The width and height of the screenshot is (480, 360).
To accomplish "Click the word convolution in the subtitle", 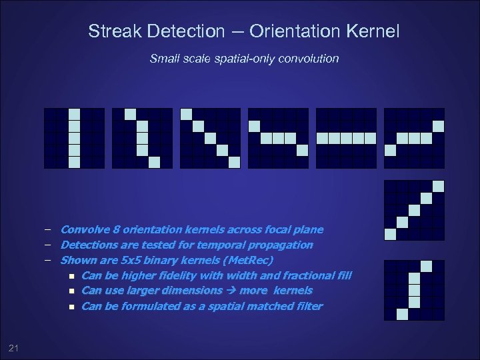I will coord(309,59).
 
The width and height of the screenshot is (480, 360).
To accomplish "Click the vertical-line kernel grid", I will coord(74,138).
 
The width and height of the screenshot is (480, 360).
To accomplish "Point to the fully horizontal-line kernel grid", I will coord(346,138).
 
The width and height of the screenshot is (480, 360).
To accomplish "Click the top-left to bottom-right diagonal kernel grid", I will coord(210,138).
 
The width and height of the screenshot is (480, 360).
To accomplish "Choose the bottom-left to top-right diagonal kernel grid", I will coord(414,209).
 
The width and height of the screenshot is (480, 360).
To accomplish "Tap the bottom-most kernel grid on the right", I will coord(414,290).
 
